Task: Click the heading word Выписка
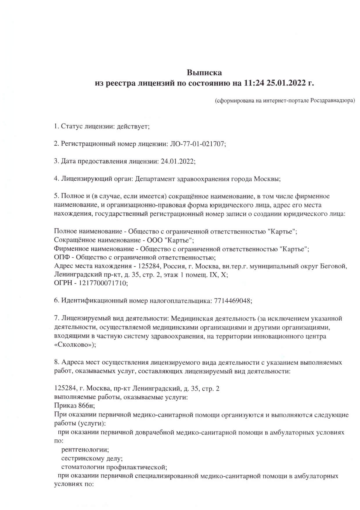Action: (x=204, y=72)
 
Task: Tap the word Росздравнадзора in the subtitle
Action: (x=332, y=101)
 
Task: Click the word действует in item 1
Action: (x=133, y=126)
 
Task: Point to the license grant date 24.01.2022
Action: (x=178, y=161)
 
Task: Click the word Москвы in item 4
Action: (x=267, y=179)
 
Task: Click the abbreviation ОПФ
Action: (x=60, y=257)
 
